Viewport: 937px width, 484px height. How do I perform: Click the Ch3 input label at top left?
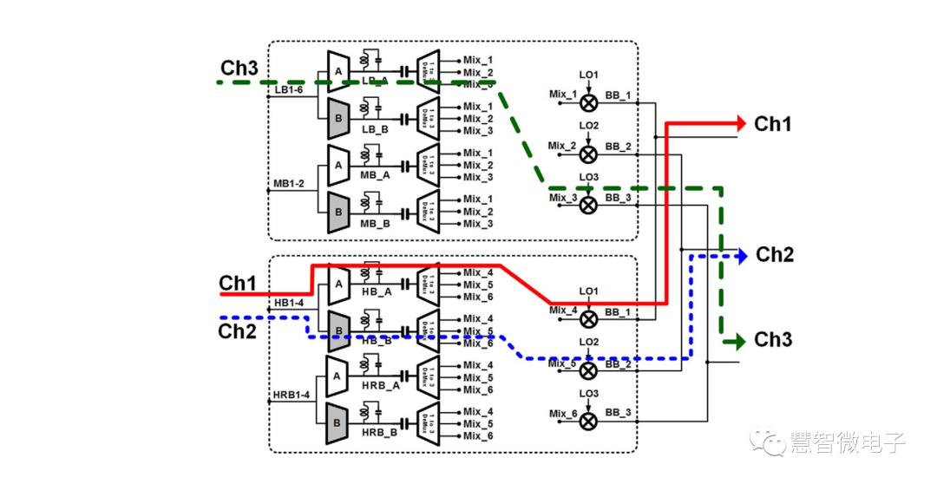239,68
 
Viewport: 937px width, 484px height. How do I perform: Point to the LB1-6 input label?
289,89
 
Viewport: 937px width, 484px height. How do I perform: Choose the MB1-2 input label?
289,183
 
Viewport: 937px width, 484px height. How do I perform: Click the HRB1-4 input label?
291,395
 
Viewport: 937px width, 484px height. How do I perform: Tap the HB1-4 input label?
289,303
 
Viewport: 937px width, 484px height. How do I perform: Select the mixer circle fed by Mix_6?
588,421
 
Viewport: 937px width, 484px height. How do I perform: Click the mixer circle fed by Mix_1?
588,102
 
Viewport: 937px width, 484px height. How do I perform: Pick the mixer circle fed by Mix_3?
588,205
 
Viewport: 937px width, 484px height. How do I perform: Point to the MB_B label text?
375,223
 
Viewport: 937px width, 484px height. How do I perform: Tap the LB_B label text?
375,128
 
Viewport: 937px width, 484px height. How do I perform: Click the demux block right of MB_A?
429,165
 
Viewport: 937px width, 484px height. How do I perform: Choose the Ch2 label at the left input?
237,331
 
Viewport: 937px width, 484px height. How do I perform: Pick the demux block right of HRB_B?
429,424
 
